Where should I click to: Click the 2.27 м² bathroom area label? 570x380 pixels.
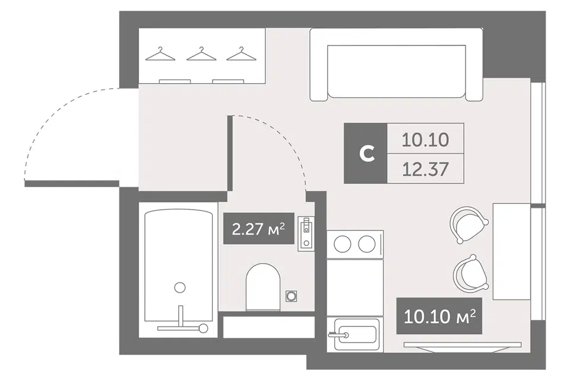[x=258, y=229]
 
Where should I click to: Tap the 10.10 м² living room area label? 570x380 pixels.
[x=439, y=316]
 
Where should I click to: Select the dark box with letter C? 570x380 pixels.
[x=366, y=153]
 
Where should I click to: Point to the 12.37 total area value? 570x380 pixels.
[x=425, y=169]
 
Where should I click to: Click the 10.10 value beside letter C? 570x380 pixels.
[x=425, y=140]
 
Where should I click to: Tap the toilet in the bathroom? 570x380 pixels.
[x=263, y=287]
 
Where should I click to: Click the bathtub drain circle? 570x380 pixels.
[x=179, y=287]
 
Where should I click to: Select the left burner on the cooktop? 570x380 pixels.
[x=343, y=244]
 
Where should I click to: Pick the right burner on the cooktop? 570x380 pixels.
[x=366, y=244]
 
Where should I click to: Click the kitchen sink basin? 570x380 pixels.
[x=355, y=334]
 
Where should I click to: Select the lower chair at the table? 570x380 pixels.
[x=471, y=273]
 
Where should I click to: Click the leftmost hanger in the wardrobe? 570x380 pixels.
[x=160, y=54]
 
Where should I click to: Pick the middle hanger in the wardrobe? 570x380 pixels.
[x=201, y=54]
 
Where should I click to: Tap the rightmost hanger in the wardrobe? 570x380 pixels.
[x=242, y=54]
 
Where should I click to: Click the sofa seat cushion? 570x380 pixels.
[x=396, y=71]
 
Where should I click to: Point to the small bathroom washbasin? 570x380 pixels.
[x=306, y=233]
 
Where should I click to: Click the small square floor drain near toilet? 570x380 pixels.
[x=291, y=296]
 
